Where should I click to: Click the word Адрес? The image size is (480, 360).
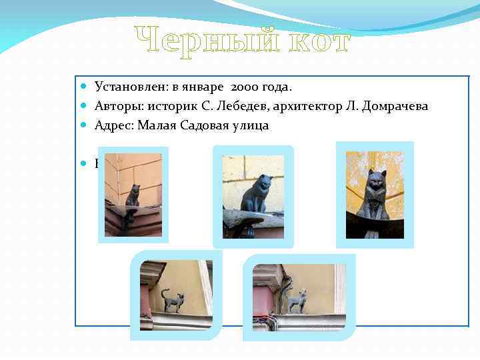point(113,125)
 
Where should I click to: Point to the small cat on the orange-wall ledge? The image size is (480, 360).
point(133,197)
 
